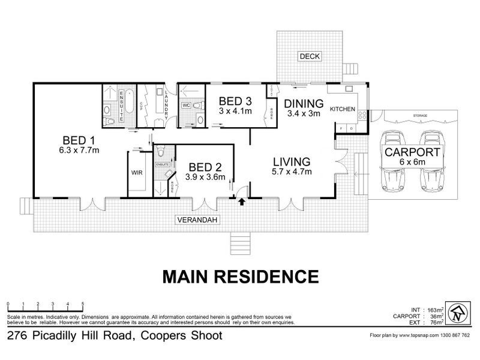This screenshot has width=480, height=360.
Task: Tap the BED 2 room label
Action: click(x=206, y=167)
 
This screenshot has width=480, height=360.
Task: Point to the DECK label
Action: click(x=310, y=57)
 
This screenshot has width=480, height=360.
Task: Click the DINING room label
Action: click(x=304, y=103)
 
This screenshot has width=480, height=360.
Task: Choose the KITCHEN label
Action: click(x=343, y=109)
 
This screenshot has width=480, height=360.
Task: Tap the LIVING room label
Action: click(x=292, y=161)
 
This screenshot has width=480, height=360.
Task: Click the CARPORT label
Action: click(x=413, y=152)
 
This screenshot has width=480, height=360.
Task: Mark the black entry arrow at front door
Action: click(x=242, y=202)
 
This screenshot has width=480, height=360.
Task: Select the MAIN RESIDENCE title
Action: click(x=240, y=277)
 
